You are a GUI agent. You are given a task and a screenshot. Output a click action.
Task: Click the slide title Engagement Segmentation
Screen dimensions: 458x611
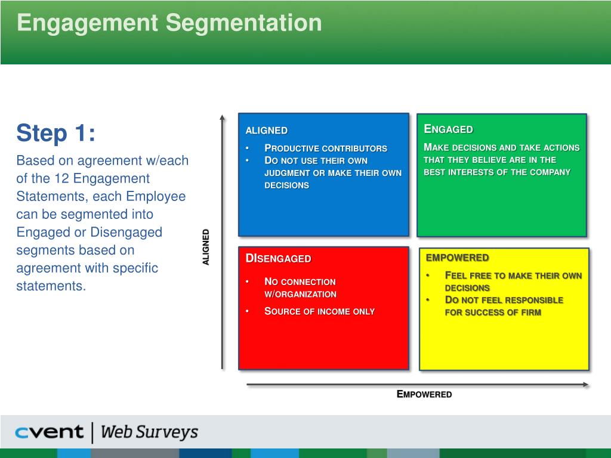[169, 23]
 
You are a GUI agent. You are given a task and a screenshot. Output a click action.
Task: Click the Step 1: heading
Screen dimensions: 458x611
[55, 133]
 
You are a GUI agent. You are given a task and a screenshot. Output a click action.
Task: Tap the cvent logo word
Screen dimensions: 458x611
[50, 432]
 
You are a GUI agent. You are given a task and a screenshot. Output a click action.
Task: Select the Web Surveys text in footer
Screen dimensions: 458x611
[149, 432]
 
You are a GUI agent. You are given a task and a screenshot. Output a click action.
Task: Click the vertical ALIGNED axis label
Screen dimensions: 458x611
[206, 247]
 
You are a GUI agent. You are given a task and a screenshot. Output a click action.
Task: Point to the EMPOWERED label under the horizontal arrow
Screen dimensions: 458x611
[424, 394]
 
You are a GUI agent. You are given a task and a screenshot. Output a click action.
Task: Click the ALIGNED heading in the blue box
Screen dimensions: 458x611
[266, 131]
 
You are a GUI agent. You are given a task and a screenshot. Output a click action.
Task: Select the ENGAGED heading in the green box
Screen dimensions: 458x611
[448, 129]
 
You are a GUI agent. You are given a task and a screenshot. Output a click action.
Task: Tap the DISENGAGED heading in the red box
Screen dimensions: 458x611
[278, 258]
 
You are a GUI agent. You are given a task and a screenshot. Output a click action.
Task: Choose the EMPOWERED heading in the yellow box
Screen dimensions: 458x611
[457, 258]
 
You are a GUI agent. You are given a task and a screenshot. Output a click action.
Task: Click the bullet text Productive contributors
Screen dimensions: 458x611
[326, 148]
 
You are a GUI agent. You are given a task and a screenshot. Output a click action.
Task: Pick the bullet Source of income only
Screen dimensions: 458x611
[319, 311]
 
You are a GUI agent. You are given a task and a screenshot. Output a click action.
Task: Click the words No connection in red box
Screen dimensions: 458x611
[300, 281]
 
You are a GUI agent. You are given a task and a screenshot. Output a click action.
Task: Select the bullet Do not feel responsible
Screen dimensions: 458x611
[504, 300]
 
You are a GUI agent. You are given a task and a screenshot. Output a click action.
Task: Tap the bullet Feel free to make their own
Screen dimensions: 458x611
[513, 276]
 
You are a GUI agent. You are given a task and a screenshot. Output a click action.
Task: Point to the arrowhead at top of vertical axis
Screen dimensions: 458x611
[222, 117]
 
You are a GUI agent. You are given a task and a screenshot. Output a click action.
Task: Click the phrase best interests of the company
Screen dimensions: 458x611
[497, 172]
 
